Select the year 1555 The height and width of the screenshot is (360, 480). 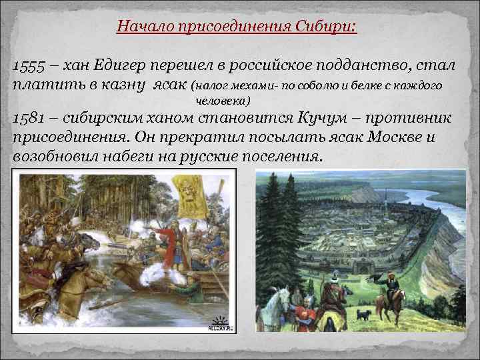click(30, 66)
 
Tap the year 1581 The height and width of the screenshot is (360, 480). click(29, 119)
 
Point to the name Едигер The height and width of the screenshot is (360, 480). click(125, 66)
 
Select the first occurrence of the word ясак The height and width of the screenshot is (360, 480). click(169, 85)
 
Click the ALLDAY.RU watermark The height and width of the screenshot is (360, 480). click(219, 327)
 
